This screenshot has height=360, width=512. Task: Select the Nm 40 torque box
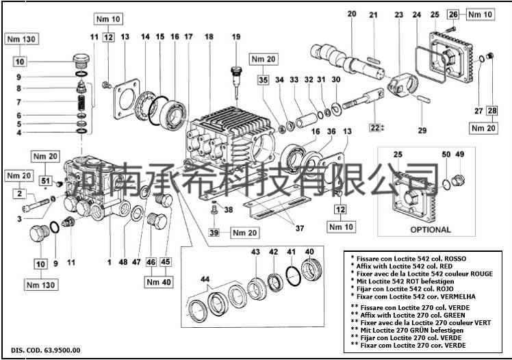(159, 280)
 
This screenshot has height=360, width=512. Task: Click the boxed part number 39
(214, 233)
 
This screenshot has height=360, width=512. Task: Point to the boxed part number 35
(264, 80)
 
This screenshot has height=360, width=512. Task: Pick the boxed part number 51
(47, 181)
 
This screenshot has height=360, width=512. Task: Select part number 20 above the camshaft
(352, 14)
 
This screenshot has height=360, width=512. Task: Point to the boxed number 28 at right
(492, 110)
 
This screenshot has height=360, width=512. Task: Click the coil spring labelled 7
(81, 103)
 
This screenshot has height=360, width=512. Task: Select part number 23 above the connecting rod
(398, 14)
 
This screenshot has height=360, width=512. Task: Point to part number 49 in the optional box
(460, 155)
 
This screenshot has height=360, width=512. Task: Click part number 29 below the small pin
(422, 129)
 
